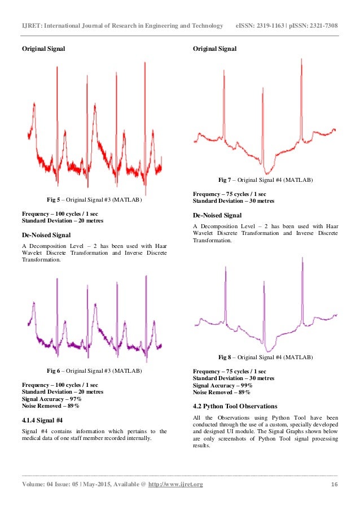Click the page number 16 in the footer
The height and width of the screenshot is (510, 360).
click(334, 485)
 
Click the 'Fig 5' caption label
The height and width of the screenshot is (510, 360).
click(54, 200)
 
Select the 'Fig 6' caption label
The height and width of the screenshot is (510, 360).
click(54, 370)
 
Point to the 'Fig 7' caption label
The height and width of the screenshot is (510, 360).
click(225, 180)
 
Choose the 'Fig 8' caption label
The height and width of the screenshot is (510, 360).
click(225, 358)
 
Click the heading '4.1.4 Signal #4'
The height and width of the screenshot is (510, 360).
click(42, 420)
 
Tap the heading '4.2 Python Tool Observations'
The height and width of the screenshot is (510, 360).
click(235, 406)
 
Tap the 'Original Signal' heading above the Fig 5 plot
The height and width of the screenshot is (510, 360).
click(43, 49)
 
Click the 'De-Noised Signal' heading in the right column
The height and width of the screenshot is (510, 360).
click(217, 215)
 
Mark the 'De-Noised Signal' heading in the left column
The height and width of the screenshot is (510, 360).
click(46, 234)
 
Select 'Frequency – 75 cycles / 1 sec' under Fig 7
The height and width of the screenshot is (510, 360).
click(230, 194)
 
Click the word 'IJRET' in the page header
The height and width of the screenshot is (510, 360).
click(30, 25)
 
